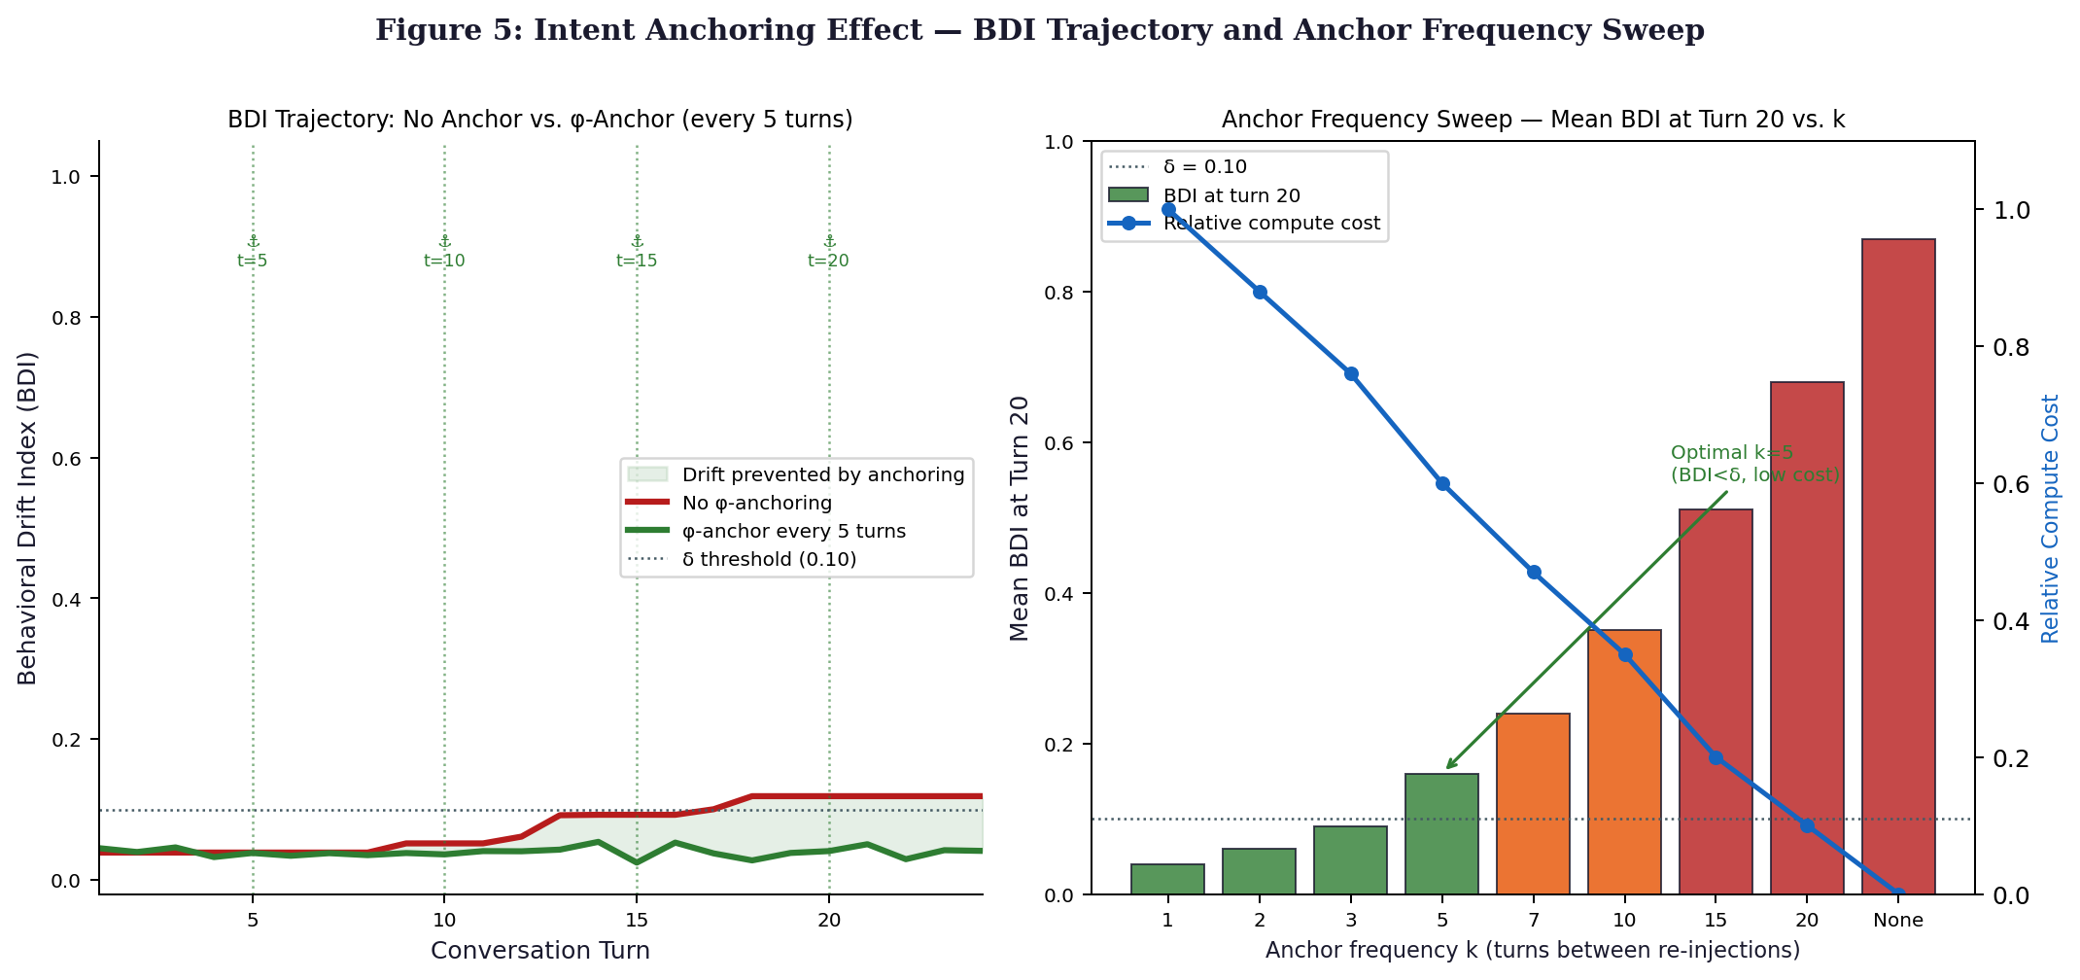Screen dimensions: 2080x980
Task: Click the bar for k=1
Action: tap(1167, 879)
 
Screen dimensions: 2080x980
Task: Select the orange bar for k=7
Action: tap(1533, 804)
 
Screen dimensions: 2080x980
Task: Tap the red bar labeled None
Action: tap(1898, 567)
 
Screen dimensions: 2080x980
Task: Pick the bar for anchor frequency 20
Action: tap(1807, 638)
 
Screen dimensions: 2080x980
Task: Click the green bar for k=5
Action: tap(1441, 834)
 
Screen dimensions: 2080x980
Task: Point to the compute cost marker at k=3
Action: tap(1351, 373)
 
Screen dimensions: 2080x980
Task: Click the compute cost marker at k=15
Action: tap(1716, 757)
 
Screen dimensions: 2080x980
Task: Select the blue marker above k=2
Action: tap(1260, 292)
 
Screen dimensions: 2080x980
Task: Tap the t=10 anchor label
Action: tap(444, 261)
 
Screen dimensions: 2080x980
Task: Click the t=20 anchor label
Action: tap(828, 261)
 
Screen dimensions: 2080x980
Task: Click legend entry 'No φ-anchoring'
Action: tap(757, 503)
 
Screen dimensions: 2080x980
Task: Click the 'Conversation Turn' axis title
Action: tap(540, 950)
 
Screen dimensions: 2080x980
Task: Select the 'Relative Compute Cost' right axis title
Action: tap(2051, 518)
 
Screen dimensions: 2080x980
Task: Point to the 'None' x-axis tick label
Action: tap(1898, 920)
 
